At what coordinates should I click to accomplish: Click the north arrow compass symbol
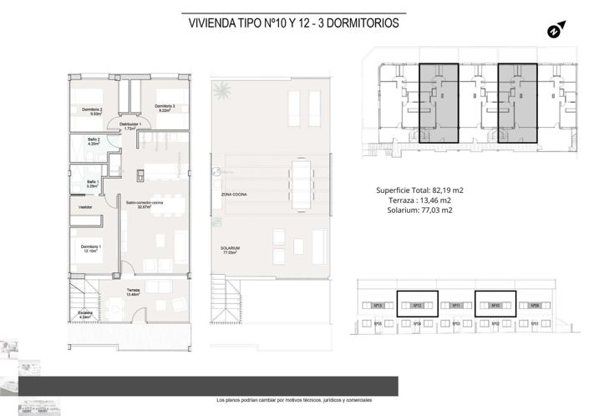552,32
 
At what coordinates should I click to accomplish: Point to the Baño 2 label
94,141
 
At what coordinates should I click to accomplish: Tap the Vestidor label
85,206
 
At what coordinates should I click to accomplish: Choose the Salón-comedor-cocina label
144,205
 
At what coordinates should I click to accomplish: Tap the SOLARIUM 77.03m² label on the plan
231,251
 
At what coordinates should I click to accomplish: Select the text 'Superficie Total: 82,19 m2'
419,190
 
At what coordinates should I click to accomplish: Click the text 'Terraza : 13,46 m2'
419,200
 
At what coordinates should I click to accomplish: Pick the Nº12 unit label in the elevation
415,306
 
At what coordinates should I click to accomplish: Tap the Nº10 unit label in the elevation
495,306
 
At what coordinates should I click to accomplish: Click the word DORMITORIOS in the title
359,24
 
